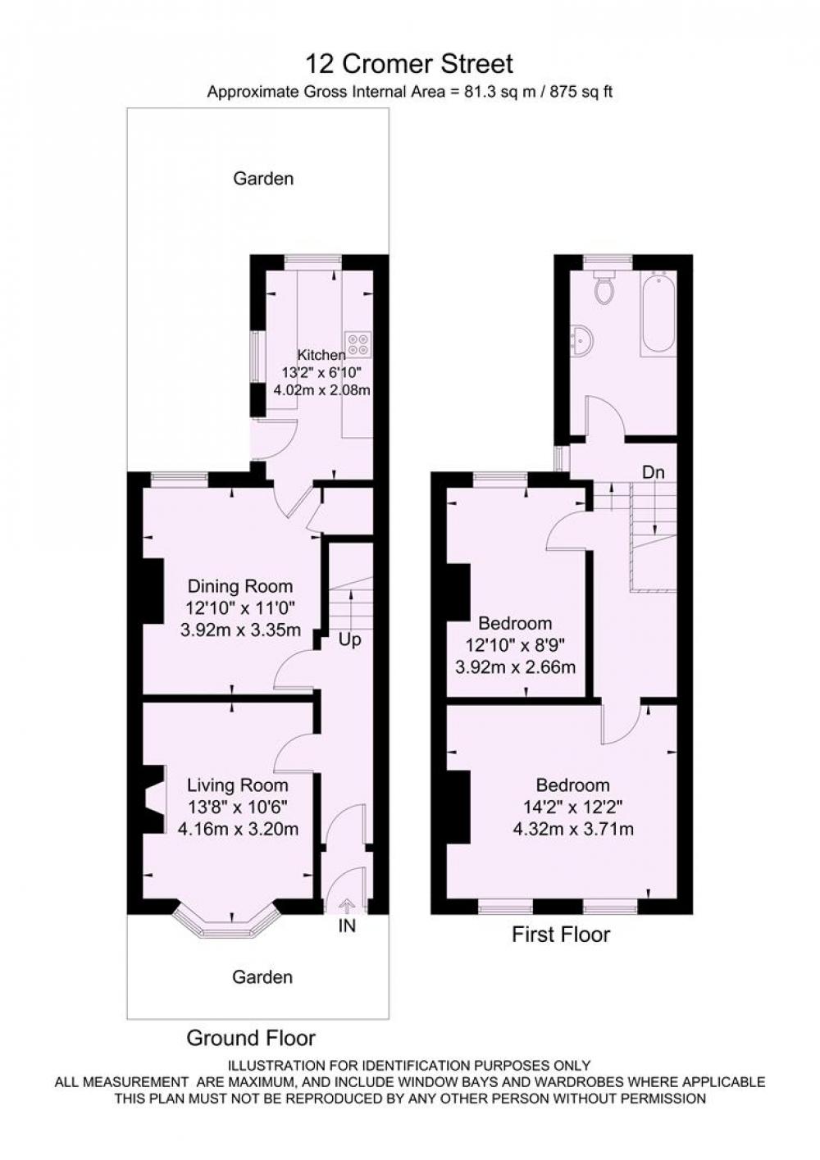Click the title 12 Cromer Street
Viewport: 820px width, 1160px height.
409,65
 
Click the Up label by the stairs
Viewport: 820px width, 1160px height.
349,640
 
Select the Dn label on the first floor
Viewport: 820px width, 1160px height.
654,472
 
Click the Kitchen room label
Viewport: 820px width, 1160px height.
321,355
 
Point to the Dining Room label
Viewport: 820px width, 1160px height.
239,586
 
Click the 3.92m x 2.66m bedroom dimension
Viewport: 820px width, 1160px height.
515,666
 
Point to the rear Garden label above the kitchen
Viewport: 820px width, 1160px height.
263,179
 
